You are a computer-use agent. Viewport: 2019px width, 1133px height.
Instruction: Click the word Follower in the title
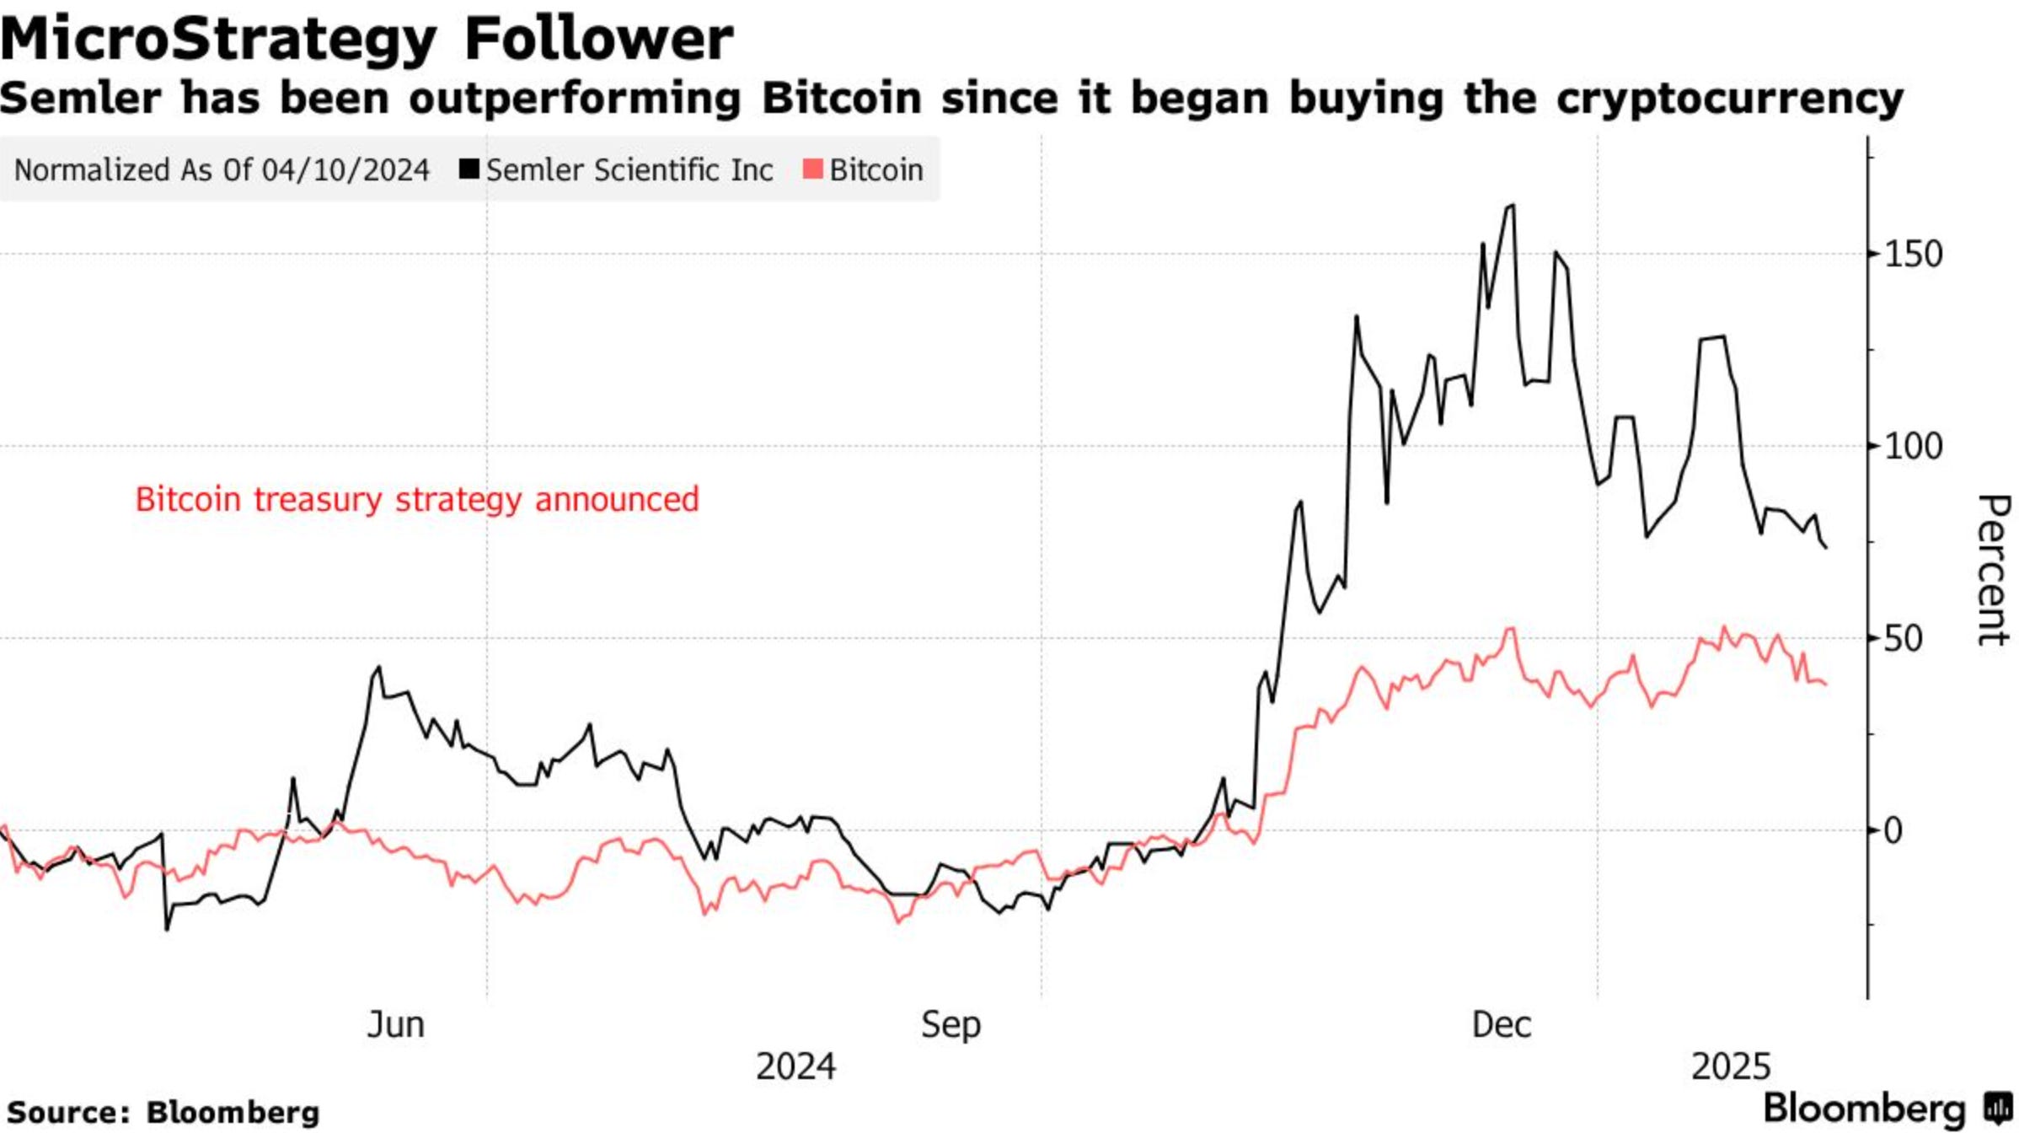(x=598, y=39)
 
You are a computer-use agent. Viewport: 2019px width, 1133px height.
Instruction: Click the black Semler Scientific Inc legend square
(x=469, y=169)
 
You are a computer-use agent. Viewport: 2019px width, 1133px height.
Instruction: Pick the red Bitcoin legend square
(x=812, y=169)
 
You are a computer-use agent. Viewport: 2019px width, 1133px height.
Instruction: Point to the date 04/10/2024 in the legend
(x=345, y=170)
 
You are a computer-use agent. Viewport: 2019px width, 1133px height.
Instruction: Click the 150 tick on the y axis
(x=1913, y=255)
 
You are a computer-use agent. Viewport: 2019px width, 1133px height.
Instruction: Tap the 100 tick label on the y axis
(x=1913, y=446)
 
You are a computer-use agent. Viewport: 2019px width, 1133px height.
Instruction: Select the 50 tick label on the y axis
(x=1903, y=639)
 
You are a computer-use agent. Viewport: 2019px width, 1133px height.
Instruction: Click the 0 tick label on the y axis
(x=1893, y=831)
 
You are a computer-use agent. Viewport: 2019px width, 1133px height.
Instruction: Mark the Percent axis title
(x=1993, y=570)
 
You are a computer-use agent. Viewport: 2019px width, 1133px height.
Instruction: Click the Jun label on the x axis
(x=395, y=1025)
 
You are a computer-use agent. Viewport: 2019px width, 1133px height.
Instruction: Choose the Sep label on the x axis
(x=951, y=1025)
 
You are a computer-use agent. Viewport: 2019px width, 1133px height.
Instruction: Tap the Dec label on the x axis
(x=1501, y=1025)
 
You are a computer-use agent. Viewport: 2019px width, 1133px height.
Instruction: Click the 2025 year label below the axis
(x=1731, y=1067)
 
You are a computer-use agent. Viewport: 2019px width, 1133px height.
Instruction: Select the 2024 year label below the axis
(x=795, y=1067)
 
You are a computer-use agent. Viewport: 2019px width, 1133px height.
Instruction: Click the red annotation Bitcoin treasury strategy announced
(x=417, y=499)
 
